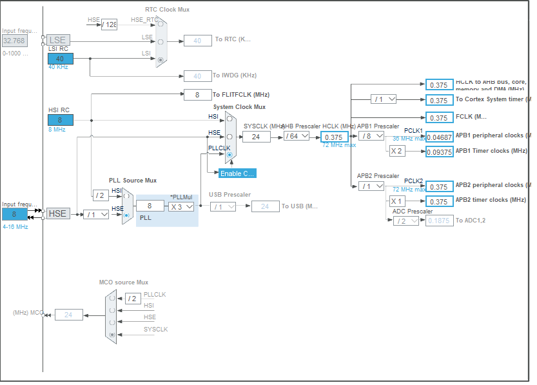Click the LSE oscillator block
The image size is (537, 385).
tap(57, 40)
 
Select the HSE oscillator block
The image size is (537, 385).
tap(57, 213)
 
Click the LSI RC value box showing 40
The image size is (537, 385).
tap(60, 59)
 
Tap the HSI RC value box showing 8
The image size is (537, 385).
tap(60, 120)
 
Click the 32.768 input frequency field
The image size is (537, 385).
tap(14, 40)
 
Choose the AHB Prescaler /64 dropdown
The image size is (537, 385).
tap(297, 136)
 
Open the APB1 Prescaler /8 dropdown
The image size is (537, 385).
tap(371, 136)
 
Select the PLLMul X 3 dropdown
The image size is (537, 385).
tap(181, 206)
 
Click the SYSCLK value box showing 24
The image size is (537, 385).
tap(256, 136)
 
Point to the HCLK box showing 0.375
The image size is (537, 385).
tap(334, 137)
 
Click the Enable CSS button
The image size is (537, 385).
tap(237, 173)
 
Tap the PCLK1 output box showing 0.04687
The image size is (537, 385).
tap(438, 137)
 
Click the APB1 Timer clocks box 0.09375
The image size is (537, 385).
tap(438, 152)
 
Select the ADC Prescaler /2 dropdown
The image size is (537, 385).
tap(405, 221)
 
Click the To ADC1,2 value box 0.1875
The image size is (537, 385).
tap(438, 221)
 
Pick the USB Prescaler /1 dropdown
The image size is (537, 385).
tap(222, 206)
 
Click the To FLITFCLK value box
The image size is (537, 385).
tap(197, 94)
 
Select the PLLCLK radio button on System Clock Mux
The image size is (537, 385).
tap(229, 155)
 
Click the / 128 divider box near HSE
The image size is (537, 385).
tap(109, 25)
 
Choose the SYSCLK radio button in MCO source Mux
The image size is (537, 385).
tap(113, 335)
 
